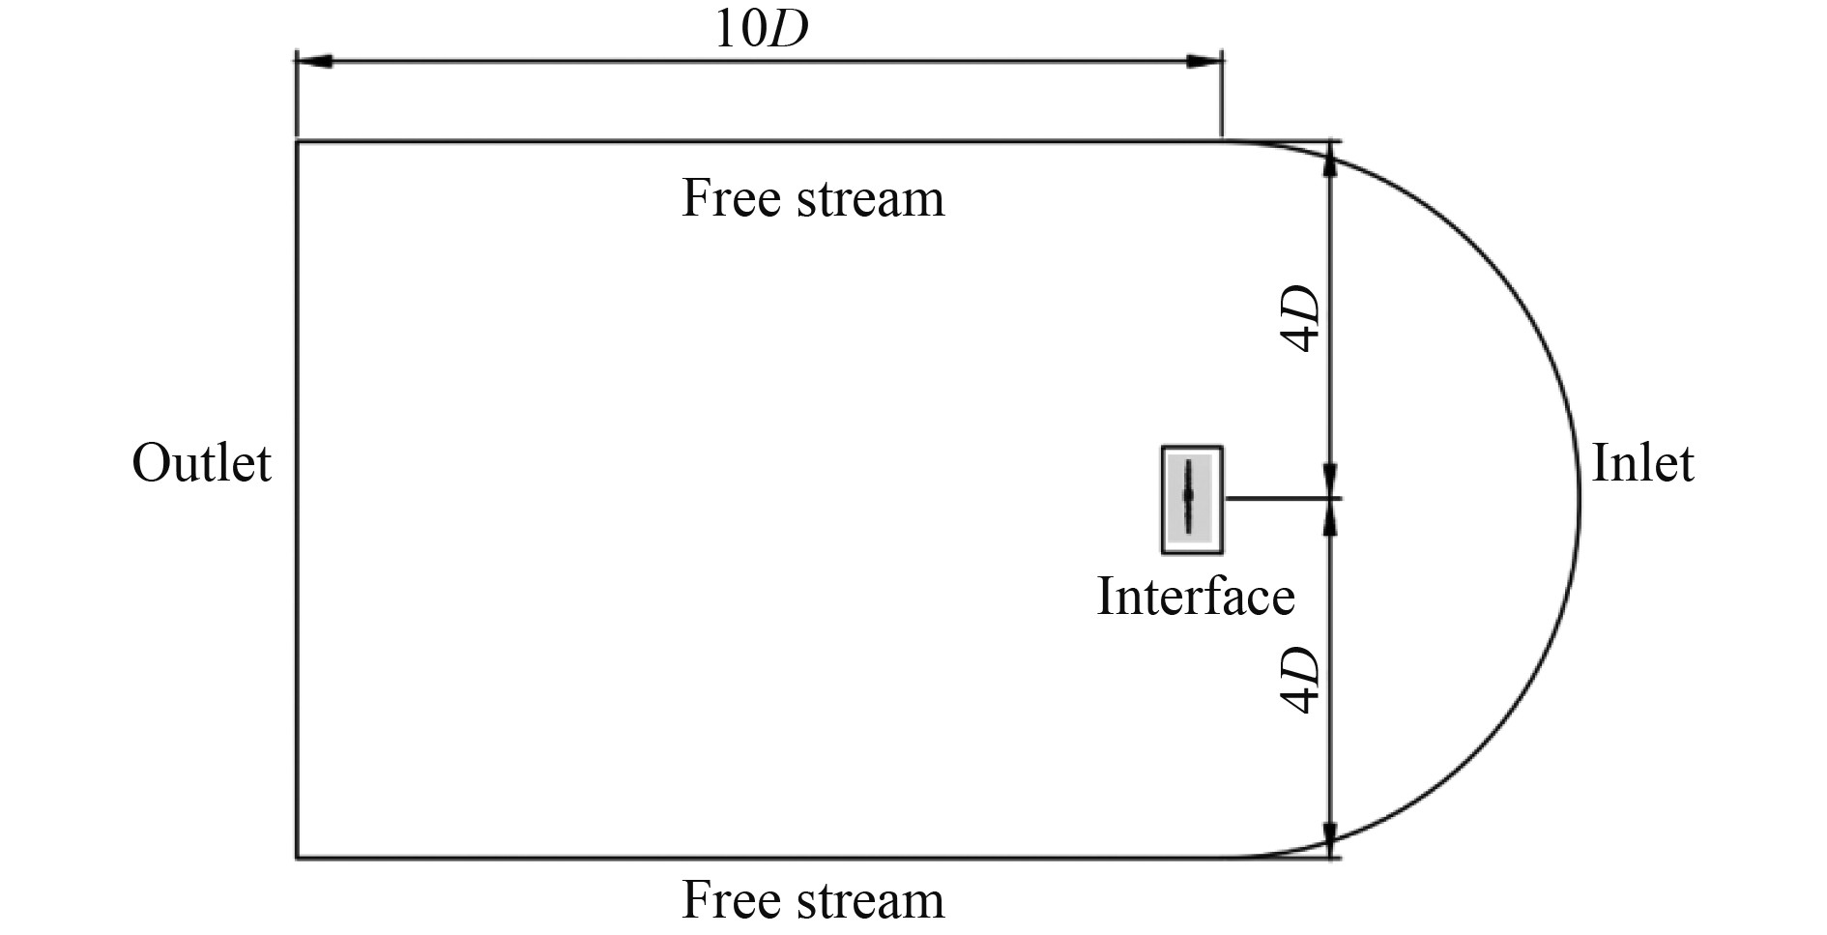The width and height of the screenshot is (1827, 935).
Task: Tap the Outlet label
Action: [201, 463]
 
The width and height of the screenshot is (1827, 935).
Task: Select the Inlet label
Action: [1641, 463]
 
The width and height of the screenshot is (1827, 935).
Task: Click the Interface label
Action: [1195, 596]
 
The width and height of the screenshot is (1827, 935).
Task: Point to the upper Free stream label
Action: [813, 198]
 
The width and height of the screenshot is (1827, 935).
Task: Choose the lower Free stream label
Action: [813, 899]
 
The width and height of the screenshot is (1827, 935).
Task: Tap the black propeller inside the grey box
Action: [1188, 495]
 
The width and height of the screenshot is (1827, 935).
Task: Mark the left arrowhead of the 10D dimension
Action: [314, 61]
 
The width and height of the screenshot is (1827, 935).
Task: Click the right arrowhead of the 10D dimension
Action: [1204, 61]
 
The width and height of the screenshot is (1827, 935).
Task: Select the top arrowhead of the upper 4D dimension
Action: [1331, 160]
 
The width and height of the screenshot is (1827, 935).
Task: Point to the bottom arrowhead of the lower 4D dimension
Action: [1331, 838]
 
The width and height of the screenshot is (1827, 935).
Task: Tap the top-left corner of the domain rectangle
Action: [297, 142]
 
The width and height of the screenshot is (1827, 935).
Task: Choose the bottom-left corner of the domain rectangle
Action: [297, 857]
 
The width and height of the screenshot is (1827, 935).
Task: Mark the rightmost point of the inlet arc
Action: [1580, 499]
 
